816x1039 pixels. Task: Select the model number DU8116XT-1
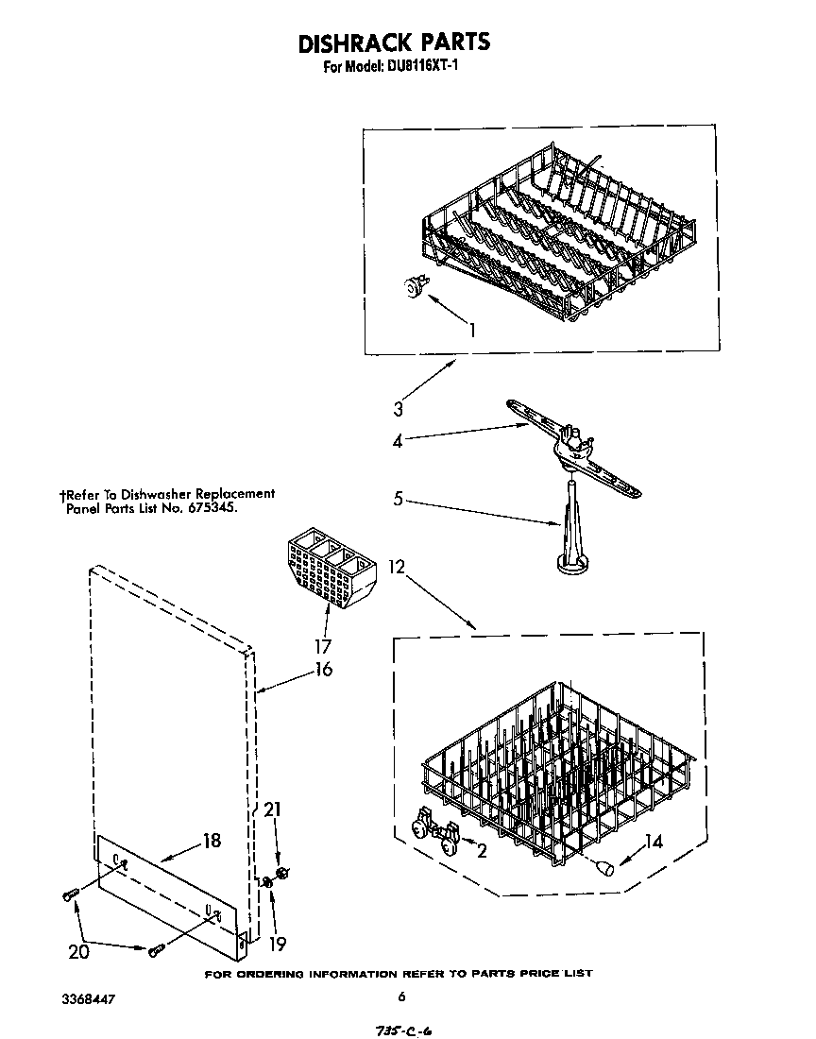tap(422, 68)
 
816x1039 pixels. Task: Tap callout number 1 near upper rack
tap(472, 330)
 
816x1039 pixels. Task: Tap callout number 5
tap(398, 498)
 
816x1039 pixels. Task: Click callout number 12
tap(397, 567)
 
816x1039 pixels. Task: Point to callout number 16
tap(324, 670)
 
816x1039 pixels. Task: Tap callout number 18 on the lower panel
tap(212, 840)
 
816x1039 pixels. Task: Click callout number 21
tap(274, 809)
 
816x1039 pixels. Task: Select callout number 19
tap(277, 943)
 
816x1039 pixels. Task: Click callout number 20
tap(78, 951)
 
